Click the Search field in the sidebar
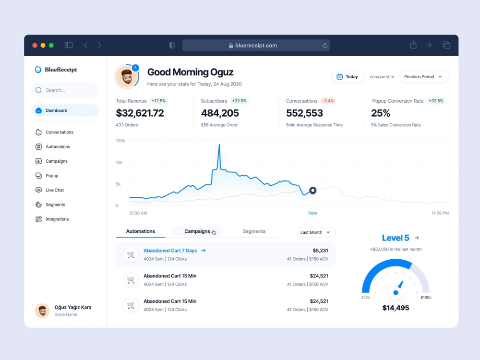(x=65, y=90)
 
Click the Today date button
(x=348, y=76)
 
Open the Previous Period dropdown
(x=424, y=76)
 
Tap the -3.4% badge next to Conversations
(x=328, y=101)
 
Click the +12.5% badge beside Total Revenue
(x=158, y=101)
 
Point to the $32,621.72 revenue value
(x=140, y=113)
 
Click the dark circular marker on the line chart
(x=312, y=191)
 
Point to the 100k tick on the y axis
(x=120, y=141)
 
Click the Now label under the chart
(x=312, y=213)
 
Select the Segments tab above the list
(x=254, y=231)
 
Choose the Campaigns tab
(x=197, y=231)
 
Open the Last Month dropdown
(x=316, y=232)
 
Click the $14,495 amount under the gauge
(x=396, y=308)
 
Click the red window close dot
(x=35, y=45)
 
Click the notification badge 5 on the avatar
(x=135, y=68)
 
